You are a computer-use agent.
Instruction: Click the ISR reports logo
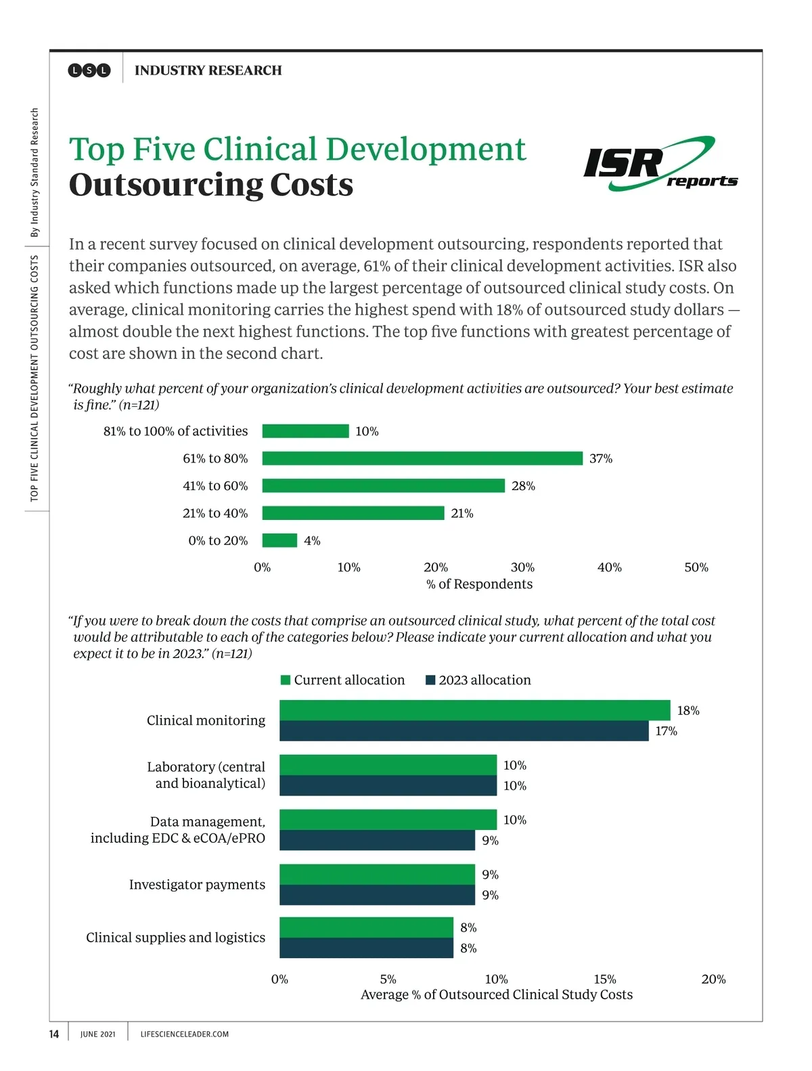[660, 164]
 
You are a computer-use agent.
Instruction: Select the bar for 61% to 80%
[422, 458]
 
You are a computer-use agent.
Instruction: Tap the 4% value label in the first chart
[312, 541]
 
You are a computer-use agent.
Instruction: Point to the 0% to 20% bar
[279, 540]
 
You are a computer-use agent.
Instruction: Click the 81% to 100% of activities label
[175, 431]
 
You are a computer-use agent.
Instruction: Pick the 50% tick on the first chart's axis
[696, 567]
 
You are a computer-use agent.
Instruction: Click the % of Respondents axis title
[479, 584]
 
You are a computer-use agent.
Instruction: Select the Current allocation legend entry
[343, 680]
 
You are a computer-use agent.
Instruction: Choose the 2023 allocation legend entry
[478, 680]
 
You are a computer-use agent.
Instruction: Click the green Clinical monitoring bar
[474, 710]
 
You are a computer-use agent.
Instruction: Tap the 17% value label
[666, 731]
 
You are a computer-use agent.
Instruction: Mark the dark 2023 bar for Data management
[377, 840]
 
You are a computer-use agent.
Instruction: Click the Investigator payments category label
[197, 885]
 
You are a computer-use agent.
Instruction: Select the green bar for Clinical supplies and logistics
[366, 927]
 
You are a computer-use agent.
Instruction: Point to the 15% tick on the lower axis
[604, 979]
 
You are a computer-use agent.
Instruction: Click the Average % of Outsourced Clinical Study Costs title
[497, 995]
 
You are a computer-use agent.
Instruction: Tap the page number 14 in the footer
[54, 1034]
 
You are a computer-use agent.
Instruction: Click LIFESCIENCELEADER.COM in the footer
[184, 1034]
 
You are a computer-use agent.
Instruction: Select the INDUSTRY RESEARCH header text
[208, 70]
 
